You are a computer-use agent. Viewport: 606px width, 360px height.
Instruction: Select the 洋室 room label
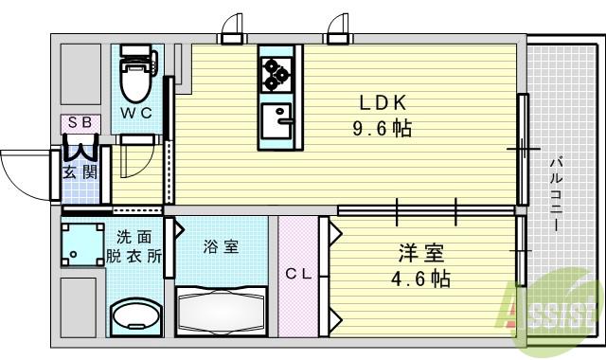pos(420,254)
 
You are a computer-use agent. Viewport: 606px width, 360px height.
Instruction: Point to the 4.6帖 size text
pos(421,279)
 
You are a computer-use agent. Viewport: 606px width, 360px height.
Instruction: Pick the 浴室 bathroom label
pos(221,247)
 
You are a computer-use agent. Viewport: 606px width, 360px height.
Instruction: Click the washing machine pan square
pos(82,243)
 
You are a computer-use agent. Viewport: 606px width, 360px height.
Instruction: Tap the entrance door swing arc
pos(21,171)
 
